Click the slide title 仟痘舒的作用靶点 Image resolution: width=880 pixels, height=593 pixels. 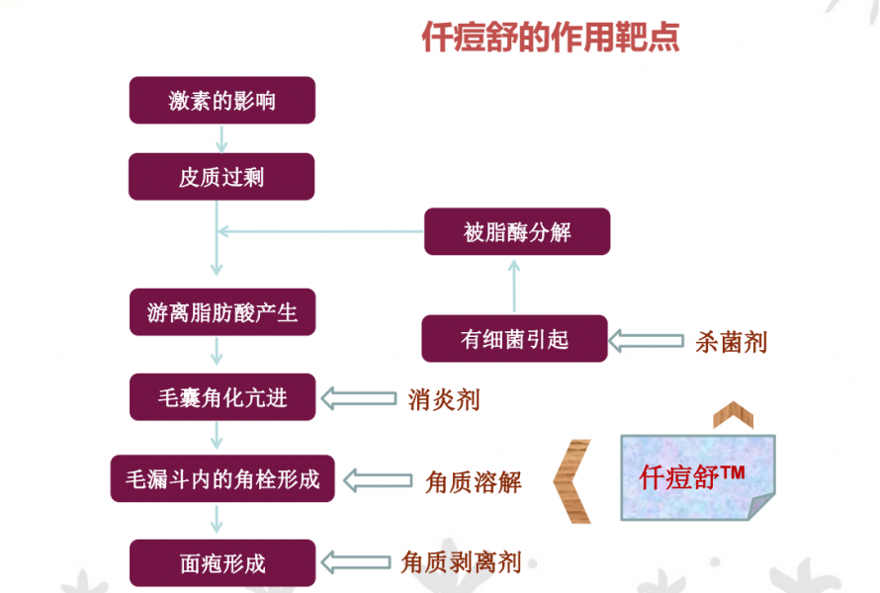coord(551,37)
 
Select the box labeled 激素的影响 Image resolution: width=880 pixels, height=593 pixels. coord(222,101)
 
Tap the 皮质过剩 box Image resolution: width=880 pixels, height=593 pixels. coord(221,177)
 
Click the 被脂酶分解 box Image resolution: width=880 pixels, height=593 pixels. coord(517,231)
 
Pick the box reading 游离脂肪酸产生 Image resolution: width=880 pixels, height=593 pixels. coord(222,312)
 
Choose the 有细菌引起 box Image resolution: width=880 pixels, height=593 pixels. coord(514,338)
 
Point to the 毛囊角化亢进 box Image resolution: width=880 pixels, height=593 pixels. coord(222,397)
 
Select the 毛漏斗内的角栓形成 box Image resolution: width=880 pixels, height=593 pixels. coord(222,478)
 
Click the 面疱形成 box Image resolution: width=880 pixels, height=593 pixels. coord(222,563)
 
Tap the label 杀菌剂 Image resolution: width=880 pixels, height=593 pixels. coord(731,342)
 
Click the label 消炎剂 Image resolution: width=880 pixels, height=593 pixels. coord(444,400)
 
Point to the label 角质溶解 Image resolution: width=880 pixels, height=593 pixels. coord(474,482)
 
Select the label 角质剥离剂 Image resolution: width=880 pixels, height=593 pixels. coord(461,562)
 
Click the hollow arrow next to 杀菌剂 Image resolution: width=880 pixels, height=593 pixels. coord(646,341)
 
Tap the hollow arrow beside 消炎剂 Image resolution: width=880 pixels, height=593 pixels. coord(359,398)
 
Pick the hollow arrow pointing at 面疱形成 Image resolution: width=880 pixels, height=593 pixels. coord(356,562)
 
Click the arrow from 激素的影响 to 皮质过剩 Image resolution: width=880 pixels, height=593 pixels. coord(221,139)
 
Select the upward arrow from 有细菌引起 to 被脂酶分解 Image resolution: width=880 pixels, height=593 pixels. coord(514,286)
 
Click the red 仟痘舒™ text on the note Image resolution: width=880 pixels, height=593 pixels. coord(692,476)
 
